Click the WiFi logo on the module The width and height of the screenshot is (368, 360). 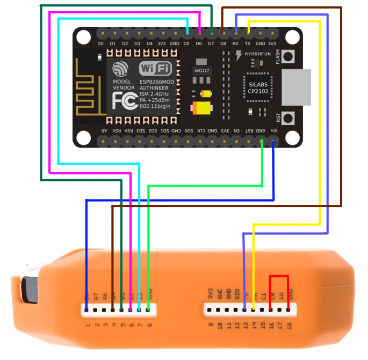click(155, 68)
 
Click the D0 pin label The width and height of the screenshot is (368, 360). click(100, 43)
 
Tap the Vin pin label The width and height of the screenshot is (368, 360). click(273, 130)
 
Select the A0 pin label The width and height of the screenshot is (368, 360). click(104, 130)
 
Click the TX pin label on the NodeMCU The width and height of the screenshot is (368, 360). click(248, 43)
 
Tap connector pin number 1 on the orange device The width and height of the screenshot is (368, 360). click(86, 325)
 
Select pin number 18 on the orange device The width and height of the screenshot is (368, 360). click(289, 325)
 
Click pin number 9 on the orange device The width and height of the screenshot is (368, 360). click(210, 325)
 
